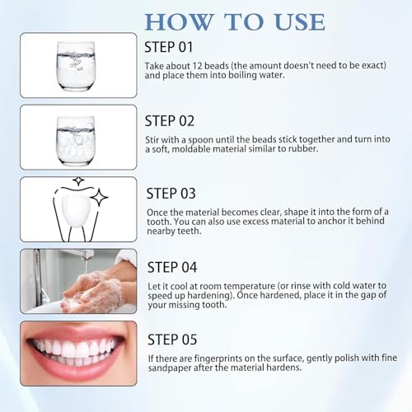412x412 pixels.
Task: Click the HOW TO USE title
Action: coord(235,21)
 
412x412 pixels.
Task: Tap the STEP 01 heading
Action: coord(169,47)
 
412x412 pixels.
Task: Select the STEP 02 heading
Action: coord(170,121)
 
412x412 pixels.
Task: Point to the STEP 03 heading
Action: coord(171,194)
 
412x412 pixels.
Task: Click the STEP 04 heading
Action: coord(172,267)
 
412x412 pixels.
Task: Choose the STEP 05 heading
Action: coord(172,339)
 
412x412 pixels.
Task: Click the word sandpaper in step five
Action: coord(170,368)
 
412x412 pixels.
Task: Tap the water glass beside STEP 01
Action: coord(76,66)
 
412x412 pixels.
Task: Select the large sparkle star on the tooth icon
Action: coord(100,197)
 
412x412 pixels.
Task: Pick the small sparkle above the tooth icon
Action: coord(79,180)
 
